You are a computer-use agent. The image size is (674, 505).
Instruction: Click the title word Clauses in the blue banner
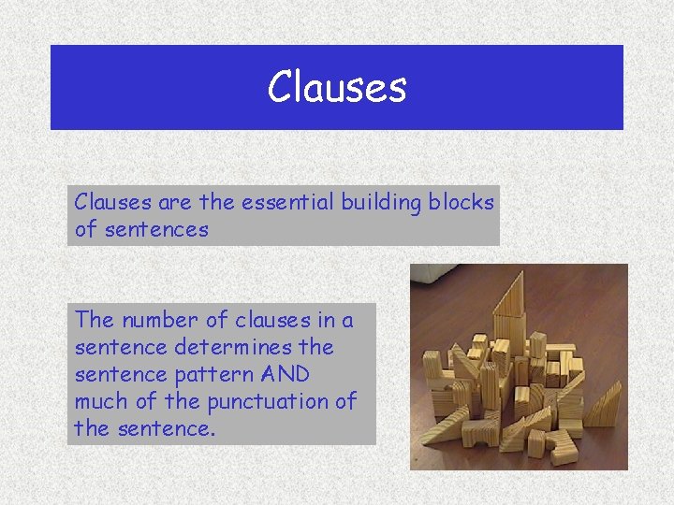tap(337, 87)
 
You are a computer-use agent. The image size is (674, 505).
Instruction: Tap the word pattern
tap(197, 374)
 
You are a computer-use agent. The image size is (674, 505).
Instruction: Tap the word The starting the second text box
tap(93, 320)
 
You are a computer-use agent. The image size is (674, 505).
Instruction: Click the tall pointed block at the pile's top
tap(511, 309)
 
